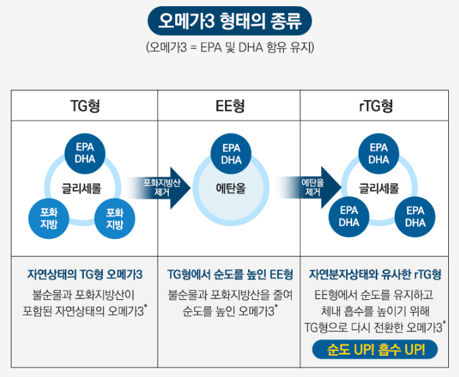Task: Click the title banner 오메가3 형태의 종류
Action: click(x=229, y=21)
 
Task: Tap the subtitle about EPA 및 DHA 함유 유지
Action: click(x=229, y=48)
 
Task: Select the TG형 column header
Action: click(x=85, y=106)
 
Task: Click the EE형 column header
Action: click(x=230, y=106)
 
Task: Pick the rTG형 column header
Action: click(x=375, y=106)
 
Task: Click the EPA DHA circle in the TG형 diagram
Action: click(x=85, y=153)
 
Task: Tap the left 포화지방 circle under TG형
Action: click(x=49, y=218)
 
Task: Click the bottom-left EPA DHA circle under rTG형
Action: click(x=349, y=216)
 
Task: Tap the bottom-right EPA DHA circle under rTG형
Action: click(x=415, y=216)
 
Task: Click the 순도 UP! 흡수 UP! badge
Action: click(x=375, y=350)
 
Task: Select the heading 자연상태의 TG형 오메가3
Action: click(x=85, y=275)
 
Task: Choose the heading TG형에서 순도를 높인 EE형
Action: click(x=230, y=275)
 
